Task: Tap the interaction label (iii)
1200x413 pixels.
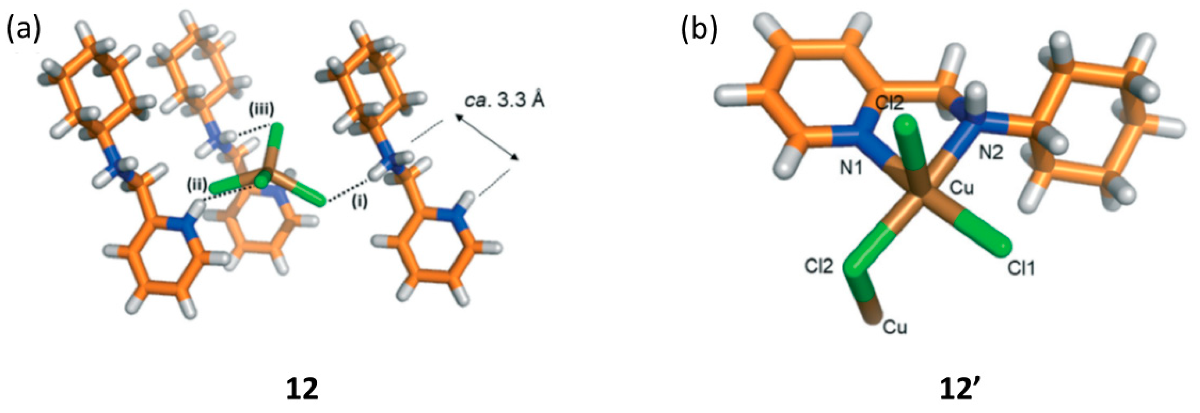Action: [x=261, y=109]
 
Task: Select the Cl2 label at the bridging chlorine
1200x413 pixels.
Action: [x=818, y=266]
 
